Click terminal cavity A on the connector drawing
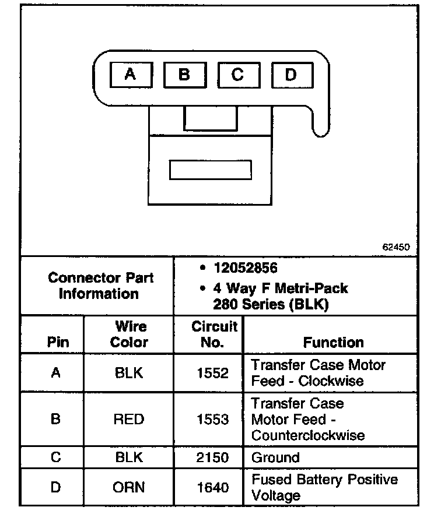(x=131, y=75)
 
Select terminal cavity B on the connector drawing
(x=184, y=75)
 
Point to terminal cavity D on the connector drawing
(x=291, y=75)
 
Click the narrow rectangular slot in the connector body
(x=210, y=170)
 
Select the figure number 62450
(x=396, y=247)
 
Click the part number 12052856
(x=245, y=268)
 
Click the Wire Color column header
(x=129, y=335)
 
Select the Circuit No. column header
(x=214, y=335)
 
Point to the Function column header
(x=333, y=343)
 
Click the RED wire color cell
(x=129, y=419)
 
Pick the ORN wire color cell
(x=129, y=487)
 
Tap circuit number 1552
(x=213, y=373)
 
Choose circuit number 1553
(x=213, y=419)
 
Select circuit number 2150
(x=213, y=457)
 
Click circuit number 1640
(x=213, y=487)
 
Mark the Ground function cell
(x=275, y=457)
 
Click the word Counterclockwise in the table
(x=308, y=435)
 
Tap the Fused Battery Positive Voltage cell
(x=324, y=487)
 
